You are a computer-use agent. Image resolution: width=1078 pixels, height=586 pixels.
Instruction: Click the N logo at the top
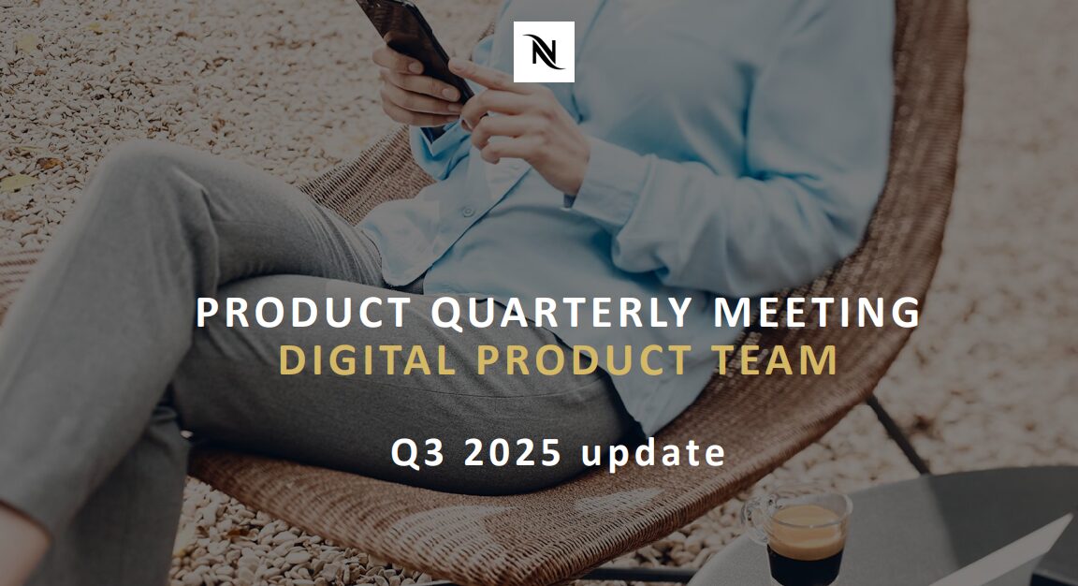click(x=544, y=51)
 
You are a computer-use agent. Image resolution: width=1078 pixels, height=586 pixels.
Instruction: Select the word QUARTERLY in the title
click(x=561, y=313)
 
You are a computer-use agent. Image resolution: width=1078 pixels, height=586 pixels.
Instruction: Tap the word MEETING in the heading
click(x=817, y=313)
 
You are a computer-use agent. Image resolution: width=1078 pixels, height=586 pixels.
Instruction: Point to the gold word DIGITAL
click(x=368, y=359)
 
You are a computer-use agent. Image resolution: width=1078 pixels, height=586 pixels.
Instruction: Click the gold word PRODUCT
click(x=584, y=359)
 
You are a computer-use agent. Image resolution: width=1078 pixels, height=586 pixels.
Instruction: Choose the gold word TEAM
click(x=775, y=359)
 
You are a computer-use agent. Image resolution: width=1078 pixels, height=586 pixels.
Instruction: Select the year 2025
click(x=513, y=452)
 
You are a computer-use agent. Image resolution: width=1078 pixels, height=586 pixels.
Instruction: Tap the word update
click(x=654, y=454)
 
